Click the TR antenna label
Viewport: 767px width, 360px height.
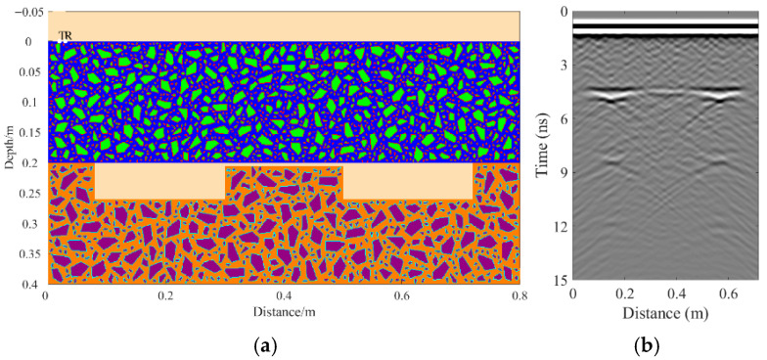click(66, 36)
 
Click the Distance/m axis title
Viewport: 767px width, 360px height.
click(283, 310)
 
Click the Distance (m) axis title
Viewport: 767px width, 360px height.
click(649, 314)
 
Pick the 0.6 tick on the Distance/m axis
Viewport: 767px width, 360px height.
click(401, 294)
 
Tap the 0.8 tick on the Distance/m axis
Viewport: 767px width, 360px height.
click(519, 294)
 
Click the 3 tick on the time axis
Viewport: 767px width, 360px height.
click(563, 66)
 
